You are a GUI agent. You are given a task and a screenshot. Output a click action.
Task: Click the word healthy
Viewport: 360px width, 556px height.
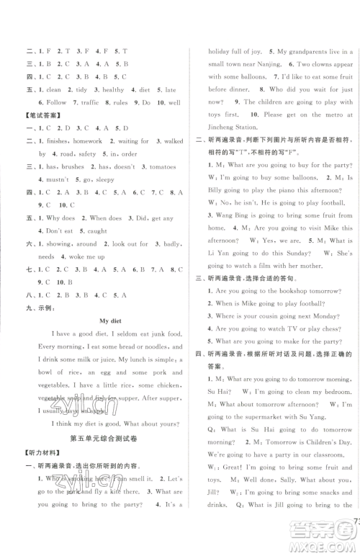click(x=114, y=89)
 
